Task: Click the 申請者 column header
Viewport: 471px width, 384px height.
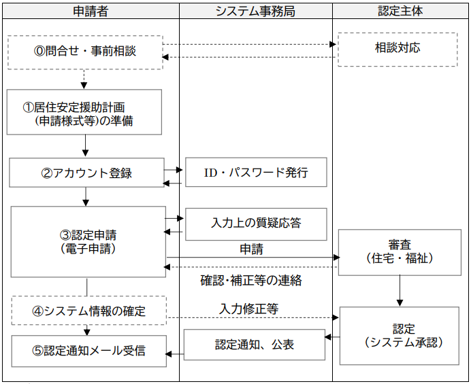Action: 91,11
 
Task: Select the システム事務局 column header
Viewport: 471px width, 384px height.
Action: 255,11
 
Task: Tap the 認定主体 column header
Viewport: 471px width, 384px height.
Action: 401,11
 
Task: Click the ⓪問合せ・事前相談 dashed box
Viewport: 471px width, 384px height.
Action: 85,52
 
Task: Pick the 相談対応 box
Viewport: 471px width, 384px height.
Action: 397,49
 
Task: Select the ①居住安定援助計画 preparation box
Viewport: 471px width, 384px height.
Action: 84,112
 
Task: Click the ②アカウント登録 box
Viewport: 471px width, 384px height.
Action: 86,173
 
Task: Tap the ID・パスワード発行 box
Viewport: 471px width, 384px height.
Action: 256,172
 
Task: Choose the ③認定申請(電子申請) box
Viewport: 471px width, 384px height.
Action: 88,242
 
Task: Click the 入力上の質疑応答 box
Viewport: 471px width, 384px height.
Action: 256,224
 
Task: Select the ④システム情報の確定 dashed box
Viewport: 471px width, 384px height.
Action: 88,311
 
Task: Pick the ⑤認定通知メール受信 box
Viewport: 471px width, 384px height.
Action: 88,351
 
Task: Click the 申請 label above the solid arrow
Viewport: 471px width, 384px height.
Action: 251,249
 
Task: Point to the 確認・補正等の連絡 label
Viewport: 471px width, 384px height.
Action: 251,279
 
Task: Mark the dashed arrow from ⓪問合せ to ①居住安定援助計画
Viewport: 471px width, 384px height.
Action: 84,79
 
